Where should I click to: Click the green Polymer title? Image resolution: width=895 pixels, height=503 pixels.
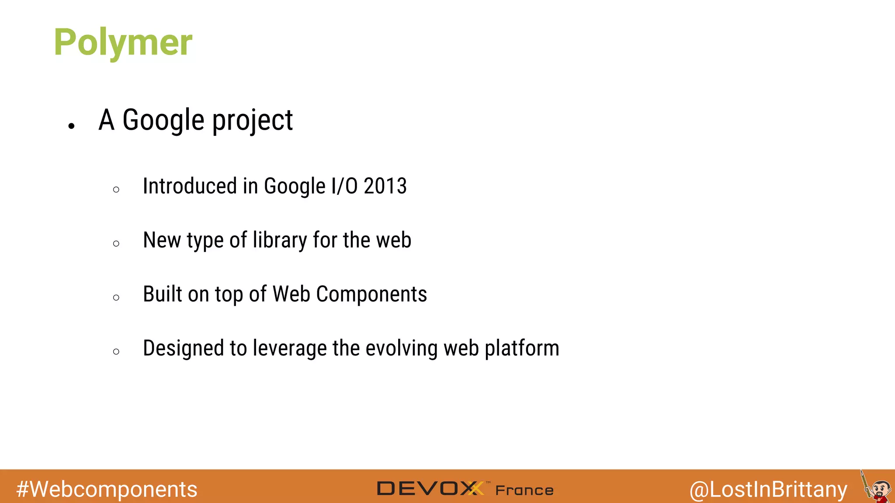[x=123, y=42]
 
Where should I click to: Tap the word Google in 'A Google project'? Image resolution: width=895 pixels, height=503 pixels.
[x=163, y=121]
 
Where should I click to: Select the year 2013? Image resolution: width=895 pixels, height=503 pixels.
[x=385, y=186]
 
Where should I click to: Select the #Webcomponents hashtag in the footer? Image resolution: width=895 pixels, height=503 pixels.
[x=107, y=489]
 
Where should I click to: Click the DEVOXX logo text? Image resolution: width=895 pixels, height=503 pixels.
[x=430, y=489]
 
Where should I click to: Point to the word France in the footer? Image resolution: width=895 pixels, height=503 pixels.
[x=524, y=490]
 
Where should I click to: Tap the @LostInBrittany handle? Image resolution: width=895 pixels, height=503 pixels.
[x=768, y=489]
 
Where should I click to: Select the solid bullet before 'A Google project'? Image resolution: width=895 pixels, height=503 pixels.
[x=72, y=126]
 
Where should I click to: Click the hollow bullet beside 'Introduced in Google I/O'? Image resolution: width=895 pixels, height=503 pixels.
[x=116, y=189]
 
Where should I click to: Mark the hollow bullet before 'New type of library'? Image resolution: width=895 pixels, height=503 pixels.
[x=116, y=244]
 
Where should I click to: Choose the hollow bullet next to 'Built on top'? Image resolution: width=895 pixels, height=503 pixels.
[x=116, y=298]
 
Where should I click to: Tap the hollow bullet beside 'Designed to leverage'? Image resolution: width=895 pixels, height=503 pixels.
[x=116, y=351]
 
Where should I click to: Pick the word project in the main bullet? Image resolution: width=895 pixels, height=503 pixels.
[x=253, y=121]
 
